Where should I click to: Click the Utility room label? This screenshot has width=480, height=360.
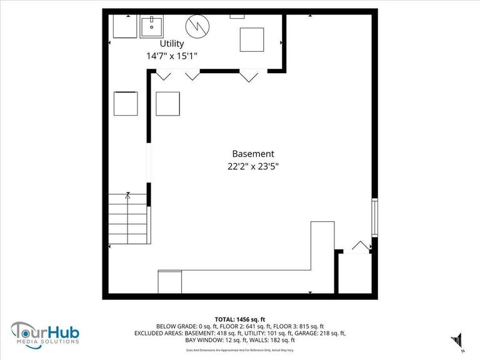172,44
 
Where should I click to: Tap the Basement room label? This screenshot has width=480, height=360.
253,154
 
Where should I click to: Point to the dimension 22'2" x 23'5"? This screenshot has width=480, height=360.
253,166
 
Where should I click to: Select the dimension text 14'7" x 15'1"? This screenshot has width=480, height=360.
172,56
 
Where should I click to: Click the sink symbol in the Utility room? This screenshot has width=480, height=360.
151,27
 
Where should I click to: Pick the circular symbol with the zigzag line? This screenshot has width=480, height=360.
197,26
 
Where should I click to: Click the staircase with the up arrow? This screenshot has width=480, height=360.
128,219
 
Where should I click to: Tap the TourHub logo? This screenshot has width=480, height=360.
44,331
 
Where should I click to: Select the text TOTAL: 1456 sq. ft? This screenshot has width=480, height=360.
240,318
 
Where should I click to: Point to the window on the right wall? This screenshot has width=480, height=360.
374,217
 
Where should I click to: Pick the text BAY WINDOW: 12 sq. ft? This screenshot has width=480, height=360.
214,341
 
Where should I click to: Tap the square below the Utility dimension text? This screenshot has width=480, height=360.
167,104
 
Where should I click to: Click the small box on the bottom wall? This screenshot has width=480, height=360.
170,282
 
